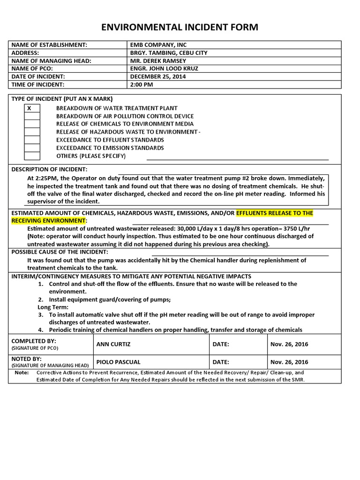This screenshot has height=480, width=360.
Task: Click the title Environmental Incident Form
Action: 180,27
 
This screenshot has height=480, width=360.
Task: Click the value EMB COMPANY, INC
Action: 158,45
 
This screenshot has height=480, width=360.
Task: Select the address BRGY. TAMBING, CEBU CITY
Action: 169,52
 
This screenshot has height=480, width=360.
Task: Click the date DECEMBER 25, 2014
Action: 158,76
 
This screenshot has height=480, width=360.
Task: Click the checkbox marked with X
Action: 32,108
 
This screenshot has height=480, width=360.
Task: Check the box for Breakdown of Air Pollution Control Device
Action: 32,116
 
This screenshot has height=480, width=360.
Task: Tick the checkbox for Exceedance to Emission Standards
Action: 32,148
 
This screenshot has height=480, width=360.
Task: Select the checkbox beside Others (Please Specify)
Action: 32,156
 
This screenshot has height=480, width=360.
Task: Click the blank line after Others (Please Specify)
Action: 238,158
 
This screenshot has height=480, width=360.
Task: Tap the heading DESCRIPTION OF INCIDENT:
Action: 49,169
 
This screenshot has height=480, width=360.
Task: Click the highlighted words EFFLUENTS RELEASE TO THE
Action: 275,213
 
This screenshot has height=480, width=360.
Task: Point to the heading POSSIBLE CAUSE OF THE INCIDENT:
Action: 60,252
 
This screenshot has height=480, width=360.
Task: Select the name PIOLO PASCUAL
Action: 118,362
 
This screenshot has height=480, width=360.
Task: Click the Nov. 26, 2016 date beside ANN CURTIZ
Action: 289,344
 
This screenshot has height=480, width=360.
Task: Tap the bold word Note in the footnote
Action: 22,373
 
